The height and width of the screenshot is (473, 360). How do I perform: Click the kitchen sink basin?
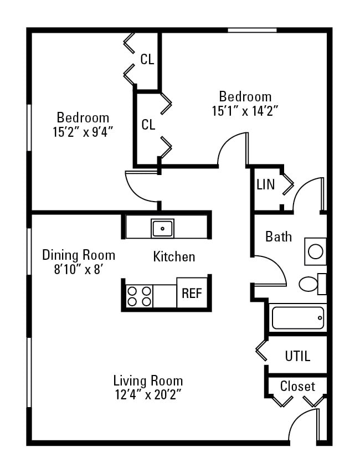162,228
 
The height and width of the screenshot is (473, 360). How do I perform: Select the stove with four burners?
139,296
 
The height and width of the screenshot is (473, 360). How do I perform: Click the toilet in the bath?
309,285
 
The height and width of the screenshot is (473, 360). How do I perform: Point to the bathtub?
297,318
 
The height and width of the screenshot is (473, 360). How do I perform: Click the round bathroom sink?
315,252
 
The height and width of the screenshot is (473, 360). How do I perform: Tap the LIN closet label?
265,185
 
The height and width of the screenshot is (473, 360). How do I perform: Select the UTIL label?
297,356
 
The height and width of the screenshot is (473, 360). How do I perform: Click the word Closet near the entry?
297,387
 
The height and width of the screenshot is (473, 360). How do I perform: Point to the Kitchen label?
174,257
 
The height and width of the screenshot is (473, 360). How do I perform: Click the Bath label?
279,237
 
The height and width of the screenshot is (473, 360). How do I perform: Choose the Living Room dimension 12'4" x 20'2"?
148,395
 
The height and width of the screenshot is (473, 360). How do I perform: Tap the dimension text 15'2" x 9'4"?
83,132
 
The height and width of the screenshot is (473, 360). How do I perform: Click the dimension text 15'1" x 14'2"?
245,111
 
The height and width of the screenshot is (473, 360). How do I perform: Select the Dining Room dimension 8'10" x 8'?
79,269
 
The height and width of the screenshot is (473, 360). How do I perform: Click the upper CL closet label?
147,60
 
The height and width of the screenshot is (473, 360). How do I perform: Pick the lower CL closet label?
148,125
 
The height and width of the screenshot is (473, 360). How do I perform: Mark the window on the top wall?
252,30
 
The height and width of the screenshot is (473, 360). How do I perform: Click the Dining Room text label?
79,255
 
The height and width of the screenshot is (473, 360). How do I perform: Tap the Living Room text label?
148,381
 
